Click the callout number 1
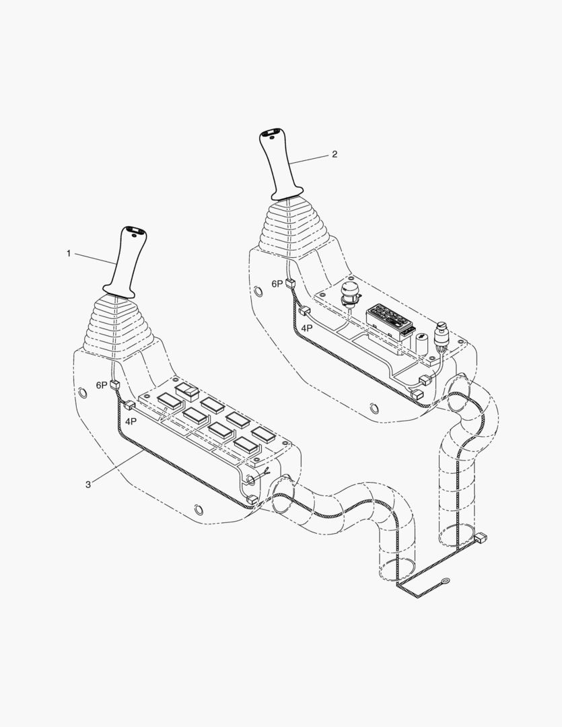coord(69,254)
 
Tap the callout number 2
coord(335,154)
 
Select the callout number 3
coord(88,485)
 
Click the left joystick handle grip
coord(125,262)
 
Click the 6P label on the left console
coord(102,385)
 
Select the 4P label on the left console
coord(131,421)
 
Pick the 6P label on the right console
coord(277,284)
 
